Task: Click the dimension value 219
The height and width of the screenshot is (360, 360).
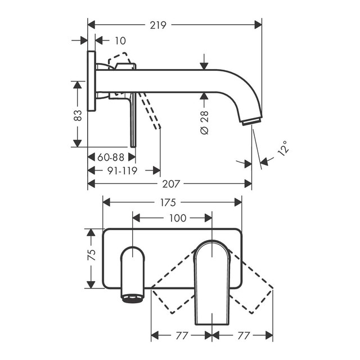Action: click(158, 25)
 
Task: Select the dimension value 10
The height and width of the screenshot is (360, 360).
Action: click(120, 40)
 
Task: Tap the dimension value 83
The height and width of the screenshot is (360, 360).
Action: click(78, 115)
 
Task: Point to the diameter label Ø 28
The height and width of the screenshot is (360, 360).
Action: click(204, 122)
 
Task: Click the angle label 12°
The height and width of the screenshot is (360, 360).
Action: click(285, 148)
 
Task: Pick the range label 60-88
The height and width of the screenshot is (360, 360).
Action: click(110, 157)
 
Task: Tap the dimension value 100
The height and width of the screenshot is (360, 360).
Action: click(178, 218)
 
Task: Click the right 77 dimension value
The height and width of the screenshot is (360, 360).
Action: click(242, 335)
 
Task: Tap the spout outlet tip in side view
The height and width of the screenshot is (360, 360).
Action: click(252, 121)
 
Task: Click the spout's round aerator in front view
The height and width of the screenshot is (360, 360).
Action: click(133, 298)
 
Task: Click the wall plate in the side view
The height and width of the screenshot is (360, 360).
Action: click(91, 82)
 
